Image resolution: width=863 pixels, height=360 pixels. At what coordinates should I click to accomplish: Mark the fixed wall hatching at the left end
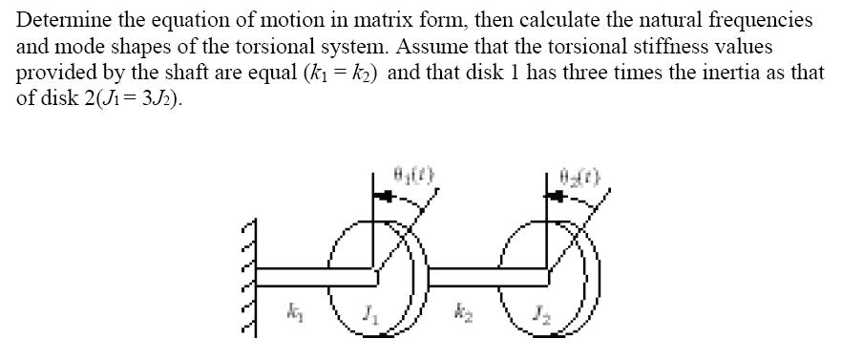pos(250,277)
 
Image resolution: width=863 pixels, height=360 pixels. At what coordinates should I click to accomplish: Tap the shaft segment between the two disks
pos(482,276)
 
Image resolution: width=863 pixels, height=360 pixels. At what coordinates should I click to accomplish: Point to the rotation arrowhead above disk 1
pos(385,197)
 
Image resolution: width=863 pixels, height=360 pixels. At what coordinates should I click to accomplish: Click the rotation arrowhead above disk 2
pos(558,197)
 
